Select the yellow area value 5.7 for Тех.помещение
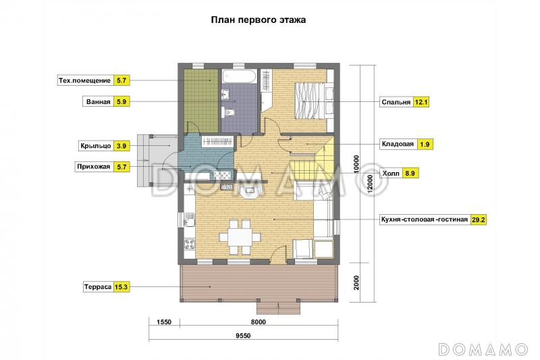pos(122,80)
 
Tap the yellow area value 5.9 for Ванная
pos(122,102)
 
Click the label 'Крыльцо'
pos(95,145)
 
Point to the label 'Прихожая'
pos(94,166)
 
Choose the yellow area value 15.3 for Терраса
pos(122,286)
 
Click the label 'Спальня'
pos(396,102)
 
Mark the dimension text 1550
pos(163,322)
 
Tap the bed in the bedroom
pos(307,100)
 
